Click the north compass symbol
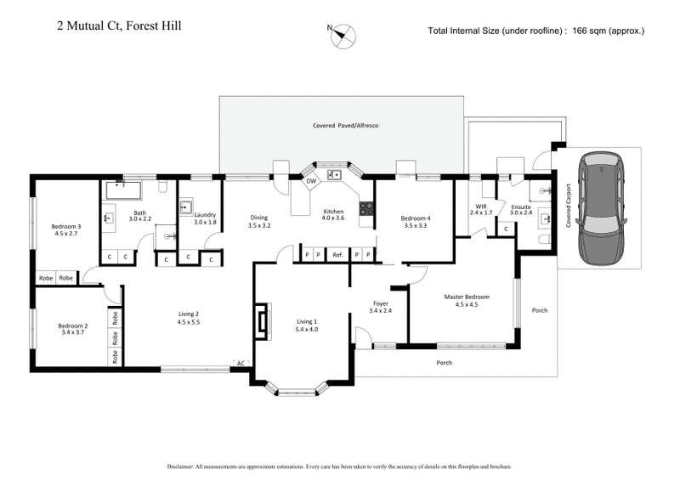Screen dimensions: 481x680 click(x=344, y=35)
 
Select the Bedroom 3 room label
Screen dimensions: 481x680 click(x=65, y=226)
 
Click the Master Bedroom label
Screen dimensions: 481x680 click(x=467, y=297)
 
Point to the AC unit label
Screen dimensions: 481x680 click(x=241, y=364)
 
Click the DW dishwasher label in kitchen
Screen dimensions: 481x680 click(x=310, y=180)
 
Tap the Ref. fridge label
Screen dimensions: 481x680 click(x=337, y=254)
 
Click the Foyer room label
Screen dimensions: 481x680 click(x=381, y=303)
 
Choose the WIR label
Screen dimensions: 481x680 click(x=481, y=205)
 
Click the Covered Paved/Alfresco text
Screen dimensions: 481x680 click(x=344, y=126)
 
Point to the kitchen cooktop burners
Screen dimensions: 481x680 click(x=366, y=207)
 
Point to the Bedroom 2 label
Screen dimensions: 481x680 click(x=73, y=325)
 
